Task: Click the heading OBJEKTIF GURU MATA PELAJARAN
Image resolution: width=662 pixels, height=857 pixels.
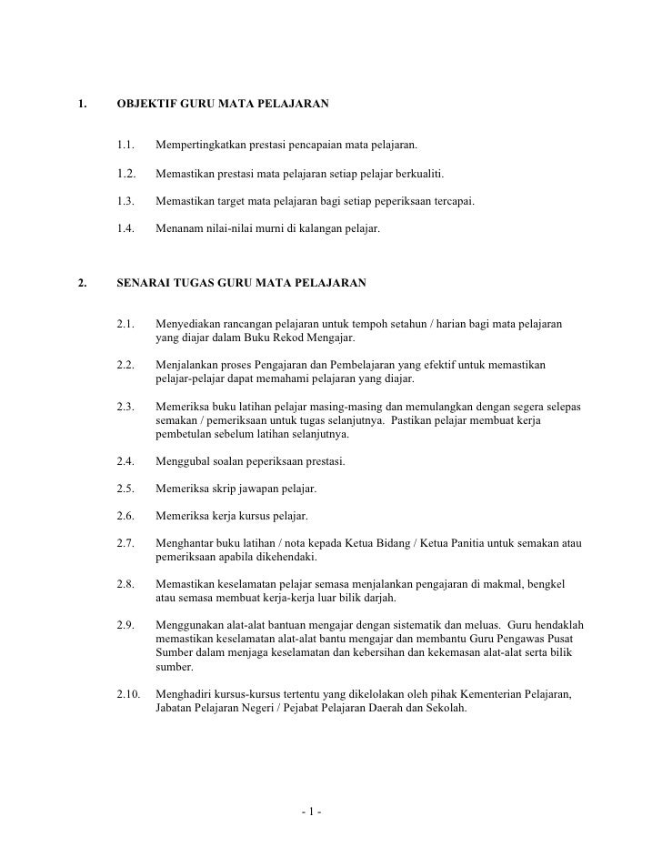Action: (223, 106)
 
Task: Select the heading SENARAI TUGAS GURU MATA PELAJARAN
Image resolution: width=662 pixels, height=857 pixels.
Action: (242, 283)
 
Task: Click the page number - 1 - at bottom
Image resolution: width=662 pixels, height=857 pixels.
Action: (317, 812)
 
